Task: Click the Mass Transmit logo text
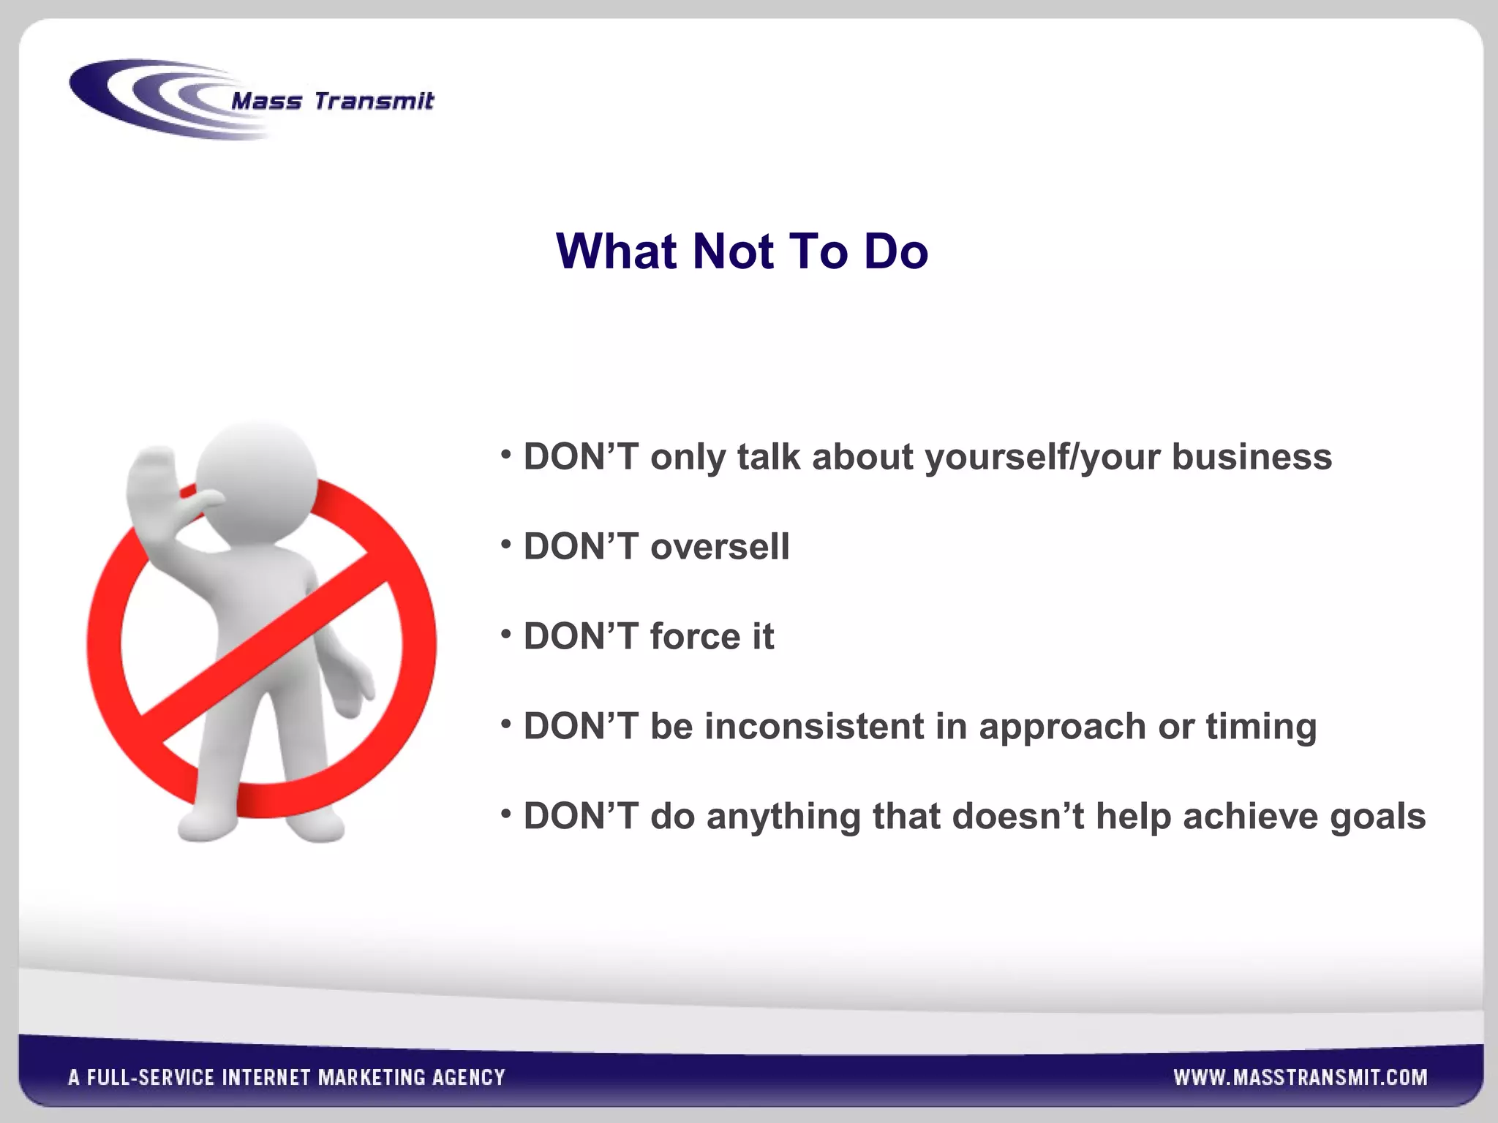click(x=332, y=101)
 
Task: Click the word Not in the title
click(x=733, y=252)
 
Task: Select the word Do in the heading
click(x=895, y=252)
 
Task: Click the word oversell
click(x=720, y=547)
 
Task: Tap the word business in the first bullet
click(x=1252, y=458)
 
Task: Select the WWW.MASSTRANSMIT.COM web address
click(x=1300, y=1077)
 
